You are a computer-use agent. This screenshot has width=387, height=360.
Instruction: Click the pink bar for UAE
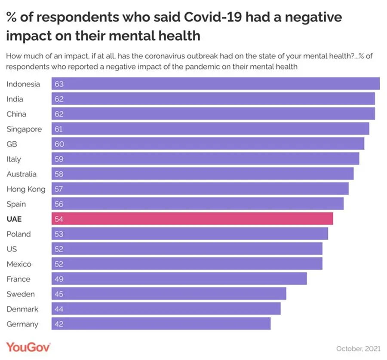(192, 219)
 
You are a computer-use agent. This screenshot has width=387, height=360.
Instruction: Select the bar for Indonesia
(215, 84)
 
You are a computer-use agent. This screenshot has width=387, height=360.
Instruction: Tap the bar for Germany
(161, 324)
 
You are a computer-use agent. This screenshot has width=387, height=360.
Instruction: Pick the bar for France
(179, 279)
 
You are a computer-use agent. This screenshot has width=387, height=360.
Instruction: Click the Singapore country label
(24, 129)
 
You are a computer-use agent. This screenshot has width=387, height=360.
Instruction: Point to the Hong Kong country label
(26, 189)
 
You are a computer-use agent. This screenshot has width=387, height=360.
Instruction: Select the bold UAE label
(14, 219)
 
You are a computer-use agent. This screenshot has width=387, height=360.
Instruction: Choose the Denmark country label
(22, 309)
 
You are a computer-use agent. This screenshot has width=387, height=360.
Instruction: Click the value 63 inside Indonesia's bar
(59, 84)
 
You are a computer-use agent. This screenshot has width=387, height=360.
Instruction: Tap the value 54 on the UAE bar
(59, 219)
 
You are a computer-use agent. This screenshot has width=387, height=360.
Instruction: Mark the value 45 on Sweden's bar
(59, 294)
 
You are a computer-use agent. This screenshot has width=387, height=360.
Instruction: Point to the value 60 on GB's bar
(59, 144)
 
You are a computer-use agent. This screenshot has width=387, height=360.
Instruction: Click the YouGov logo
(28, 347)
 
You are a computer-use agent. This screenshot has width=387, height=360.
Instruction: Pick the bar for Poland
(190, 234)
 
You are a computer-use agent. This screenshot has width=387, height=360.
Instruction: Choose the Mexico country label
(19, 264)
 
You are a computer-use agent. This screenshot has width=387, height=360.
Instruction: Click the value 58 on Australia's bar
(59, 174)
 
